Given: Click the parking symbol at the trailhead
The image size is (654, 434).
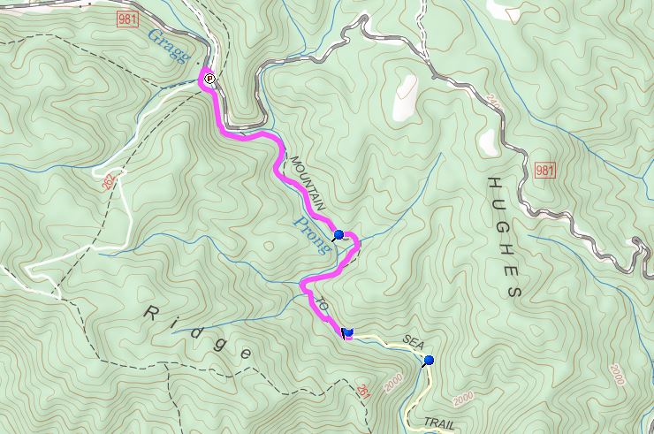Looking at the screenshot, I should coord(209,79).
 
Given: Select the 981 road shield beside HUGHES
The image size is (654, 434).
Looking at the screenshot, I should coord(544,170).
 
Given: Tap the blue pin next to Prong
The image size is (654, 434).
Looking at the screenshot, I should coord(338,235).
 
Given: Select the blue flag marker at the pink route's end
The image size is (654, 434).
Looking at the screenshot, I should coord(346,331).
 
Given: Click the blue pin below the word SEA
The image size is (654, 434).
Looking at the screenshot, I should coord(429,360).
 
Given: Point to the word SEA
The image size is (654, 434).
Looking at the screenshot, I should coord(414,340).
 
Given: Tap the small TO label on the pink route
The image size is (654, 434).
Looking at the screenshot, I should coord(323,304).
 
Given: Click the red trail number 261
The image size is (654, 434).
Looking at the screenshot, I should coord(362,390).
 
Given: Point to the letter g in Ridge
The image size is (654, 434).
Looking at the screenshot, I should coord(219,340).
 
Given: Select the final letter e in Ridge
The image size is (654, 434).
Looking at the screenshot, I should coord(245,354).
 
